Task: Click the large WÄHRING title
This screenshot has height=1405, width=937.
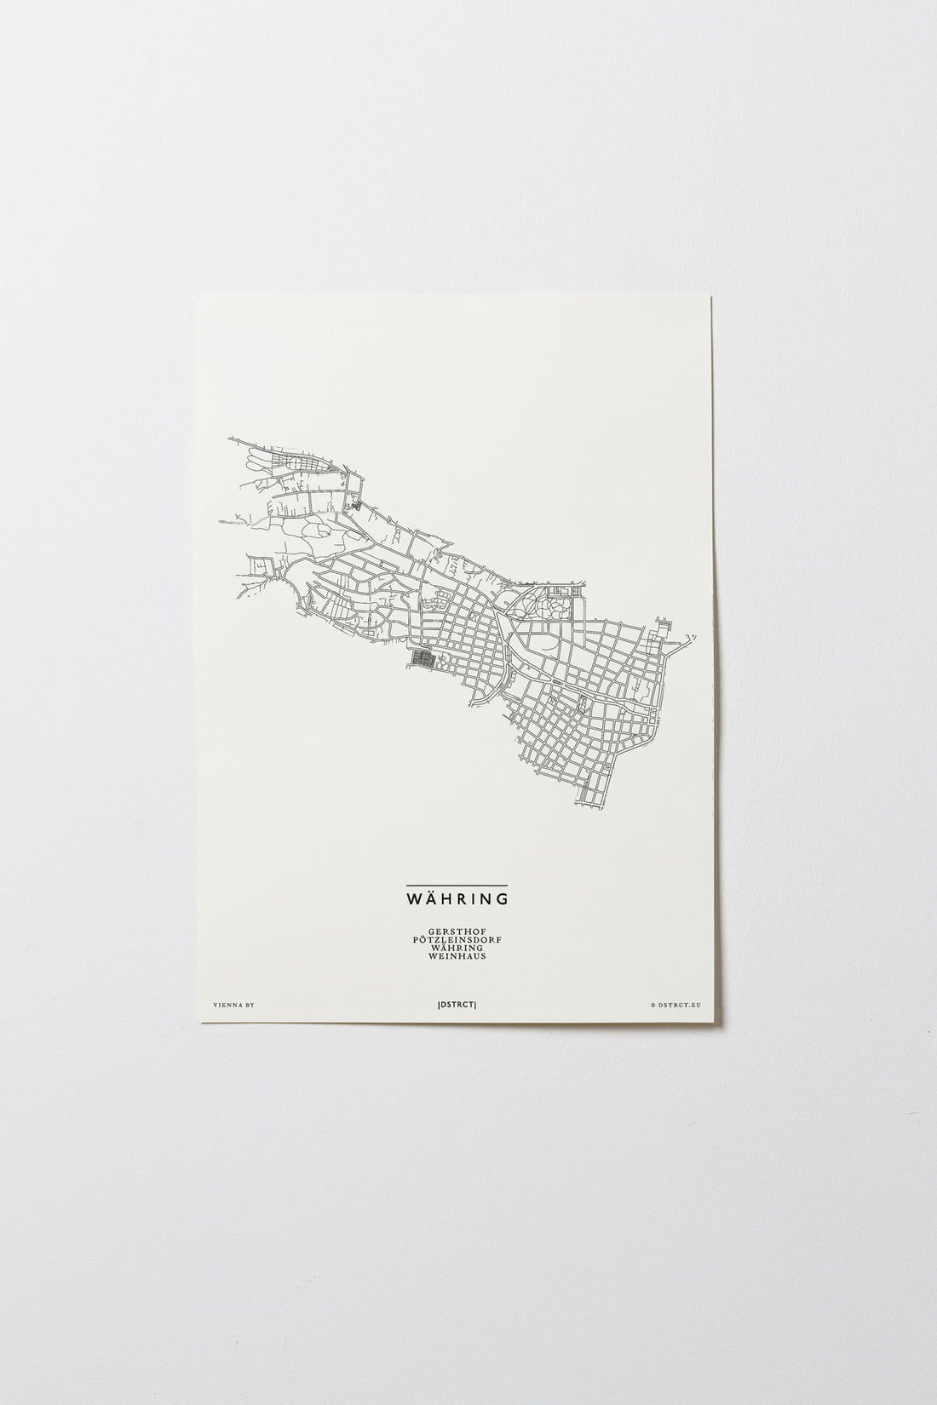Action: (x=457, y=898)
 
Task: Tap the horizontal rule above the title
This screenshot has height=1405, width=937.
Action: (x=457, y=886)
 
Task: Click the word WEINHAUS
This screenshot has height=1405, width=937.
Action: (x=457, y=957)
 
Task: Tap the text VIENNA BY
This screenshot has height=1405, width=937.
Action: (x=235, y=1006)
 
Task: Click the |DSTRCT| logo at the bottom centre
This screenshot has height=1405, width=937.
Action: (x=457, y=1006)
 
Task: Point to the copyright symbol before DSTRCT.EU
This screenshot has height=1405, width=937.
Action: (x=652, y=1006)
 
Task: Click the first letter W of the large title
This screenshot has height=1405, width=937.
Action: (x=412, y=898)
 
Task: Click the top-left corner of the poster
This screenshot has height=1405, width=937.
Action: (x=198, y=295)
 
